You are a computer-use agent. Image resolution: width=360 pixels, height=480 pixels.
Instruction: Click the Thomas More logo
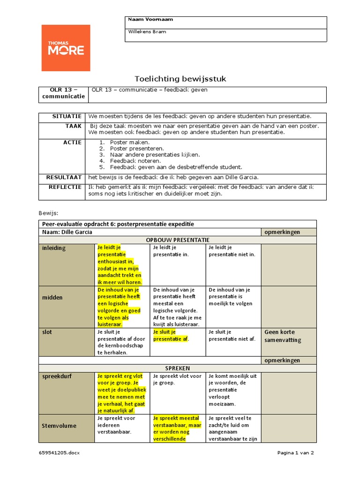[66, 48]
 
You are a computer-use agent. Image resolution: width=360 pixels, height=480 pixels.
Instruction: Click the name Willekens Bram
[147, 32]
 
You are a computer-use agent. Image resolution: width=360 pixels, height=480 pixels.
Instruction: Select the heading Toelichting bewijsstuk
[180, 79]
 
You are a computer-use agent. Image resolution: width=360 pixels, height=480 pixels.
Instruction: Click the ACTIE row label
[73, 142]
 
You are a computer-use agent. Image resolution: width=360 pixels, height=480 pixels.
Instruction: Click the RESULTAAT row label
[64, 177]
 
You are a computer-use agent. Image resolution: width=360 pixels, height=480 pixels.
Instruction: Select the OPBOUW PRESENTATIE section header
[177, 240]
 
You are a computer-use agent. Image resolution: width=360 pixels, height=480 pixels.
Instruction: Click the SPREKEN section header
[177, 368]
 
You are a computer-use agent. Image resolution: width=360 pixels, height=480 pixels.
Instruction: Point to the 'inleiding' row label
[54, 248]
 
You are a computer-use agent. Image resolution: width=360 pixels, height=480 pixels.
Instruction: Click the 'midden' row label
[52, 298]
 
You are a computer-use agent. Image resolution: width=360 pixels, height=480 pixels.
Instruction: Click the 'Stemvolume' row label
[59, 426]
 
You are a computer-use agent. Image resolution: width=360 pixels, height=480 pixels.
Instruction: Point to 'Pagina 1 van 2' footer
[295, 453]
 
